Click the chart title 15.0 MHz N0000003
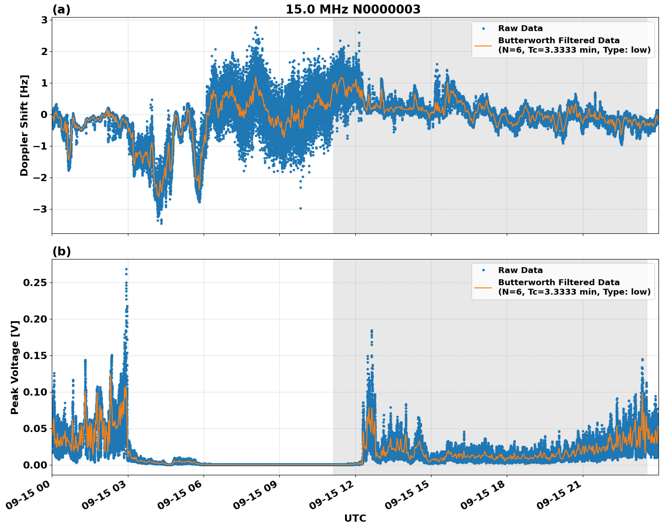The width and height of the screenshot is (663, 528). [353, 9]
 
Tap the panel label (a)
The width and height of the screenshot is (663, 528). [61, 9]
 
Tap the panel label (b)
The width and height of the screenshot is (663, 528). [61, 251]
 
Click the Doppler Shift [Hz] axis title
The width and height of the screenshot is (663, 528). [24, 125]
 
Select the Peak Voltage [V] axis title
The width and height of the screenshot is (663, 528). [15, 368]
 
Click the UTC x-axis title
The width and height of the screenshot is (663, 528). [355, 518]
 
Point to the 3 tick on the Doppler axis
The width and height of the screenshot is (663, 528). [44, 20]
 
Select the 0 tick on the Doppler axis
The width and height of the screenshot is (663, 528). [44, 114]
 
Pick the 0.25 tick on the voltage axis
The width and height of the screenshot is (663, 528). [35, 282]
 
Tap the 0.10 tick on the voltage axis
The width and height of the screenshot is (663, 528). [35, 392]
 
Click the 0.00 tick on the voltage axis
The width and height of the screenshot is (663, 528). [35, 465]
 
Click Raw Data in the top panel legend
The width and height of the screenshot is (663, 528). [520, 28]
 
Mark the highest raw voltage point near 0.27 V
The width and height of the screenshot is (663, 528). [126, 269]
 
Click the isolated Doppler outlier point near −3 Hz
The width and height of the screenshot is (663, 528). [300, 208]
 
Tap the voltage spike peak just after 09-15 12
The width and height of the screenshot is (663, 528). [372, 331]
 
